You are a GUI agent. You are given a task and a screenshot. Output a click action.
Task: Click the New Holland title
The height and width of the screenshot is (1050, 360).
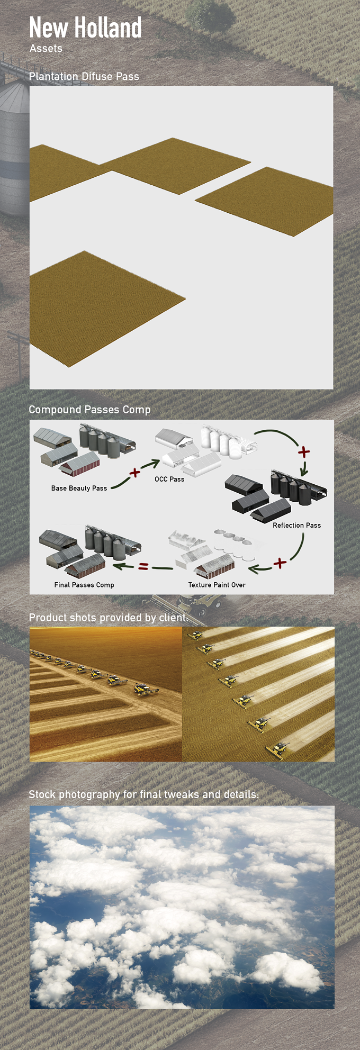tap(85, 27)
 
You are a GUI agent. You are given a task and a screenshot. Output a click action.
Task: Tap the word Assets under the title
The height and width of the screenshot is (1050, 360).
tap(46, 48)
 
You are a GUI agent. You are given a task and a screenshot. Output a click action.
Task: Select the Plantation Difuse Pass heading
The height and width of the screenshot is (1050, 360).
tap(84, 76)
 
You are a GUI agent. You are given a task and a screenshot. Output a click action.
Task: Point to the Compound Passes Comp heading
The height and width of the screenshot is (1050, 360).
tap(89, 410)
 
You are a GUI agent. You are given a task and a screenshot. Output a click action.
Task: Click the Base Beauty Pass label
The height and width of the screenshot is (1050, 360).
tap(79, 488)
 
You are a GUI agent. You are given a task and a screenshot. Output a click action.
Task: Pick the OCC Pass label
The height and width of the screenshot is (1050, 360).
tap(169, 479)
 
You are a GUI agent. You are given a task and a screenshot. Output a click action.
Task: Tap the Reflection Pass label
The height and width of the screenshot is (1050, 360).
tap(296, 525)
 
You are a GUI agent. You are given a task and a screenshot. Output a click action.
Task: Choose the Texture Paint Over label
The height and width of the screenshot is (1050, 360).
tap(217, 585)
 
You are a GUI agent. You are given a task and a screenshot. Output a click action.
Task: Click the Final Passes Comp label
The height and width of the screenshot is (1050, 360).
tap(84, 585)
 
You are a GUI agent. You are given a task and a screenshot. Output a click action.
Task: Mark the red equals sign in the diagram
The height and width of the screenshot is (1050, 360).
tap(143, 567)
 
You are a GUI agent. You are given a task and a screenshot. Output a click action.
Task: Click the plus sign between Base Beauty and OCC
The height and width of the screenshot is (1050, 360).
tap(135, 472)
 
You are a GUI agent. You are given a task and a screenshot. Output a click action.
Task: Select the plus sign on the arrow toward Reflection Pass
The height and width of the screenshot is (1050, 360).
tap(304, 452)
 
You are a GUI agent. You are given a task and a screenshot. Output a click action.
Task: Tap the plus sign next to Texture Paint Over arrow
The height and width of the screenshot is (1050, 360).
tap(280, 563)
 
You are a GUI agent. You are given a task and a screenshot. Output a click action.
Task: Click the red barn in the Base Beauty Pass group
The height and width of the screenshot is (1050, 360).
tap(79, 464)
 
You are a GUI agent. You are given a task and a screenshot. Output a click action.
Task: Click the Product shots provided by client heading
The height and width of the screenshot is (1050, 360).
tap(109, 618)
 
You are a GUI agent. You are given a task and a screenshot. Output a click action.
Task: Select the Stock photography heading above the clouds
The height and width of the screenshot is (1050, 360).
tap(143, 794)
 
